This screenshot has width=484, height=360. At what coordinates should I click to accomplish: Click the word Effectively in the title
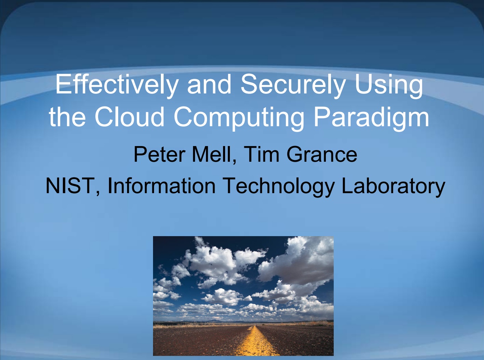tap(117, 85)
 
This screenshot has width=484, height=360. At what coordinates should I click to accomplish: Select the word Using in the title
tap(389, 85)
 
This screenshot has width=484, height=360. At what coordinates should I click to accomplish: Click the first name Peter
tap(159, 154)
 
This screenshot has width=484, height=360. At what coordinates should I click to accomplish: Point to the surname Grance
tap(322, 154)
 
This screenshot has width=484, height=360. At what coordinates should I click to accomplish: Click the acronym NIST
tap(70, 186)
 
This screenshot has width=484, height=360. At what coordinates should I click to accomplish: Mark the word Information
tap(162, 186)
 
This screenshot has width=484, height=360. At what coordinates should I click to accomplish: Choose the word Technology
tap(278, 187)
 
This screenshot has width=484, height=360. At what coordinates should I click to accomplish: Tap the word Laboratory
tap(393, 187)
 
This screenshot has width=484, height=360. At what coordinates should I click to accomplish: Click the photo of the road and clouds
tap(243, 296)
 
